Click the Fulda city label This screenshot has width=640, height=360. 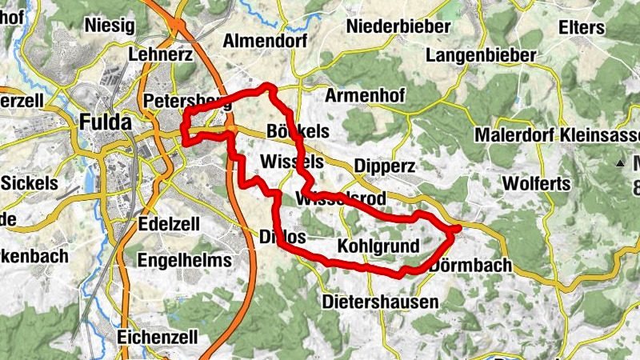pyautogui.click(x=106, y=122)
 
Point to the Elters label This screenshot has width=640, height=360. pyautogui.click(x=582, y=27)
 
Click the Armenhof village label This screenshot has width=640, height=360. pyautogui.click(x=366, y=96)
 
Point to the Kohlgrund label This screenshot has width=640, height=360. pyautogui.click(x=378, y=246)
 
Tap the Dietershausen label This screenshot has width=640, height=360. pyautogui.click(x=381, y=302)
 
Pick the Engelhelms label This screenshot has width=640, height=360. pyautogui.click(x=185, y=260)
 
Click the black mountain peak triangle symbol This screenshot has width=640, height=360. pyautogui.click(x=620, y=163)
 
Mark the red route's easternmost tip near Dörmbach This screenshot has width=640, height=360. pyautogui.click(x=458, y=230)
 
